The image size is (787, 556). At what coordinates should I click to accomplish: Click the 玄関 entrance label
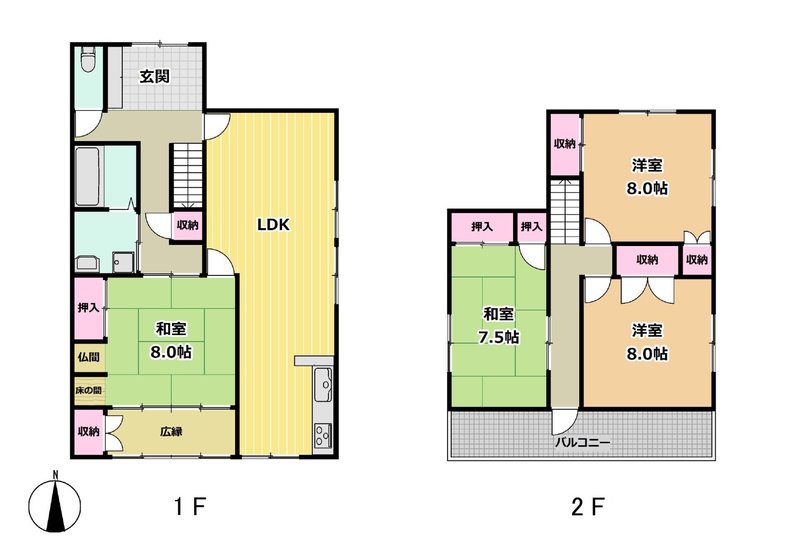point(155,77)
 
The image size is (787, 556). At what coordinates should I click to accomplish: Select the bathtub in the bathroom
point(88,176)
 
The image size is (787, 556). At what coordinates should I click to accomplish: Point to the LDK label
point(273,225)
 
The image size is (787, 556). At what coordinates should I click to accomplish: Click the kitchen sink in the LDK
point(323,384)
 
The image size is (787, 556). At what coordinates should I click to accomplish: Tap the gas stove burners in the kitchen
point(323,435)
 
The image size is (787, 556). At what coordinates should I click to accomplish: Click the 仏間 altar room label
point(89,357)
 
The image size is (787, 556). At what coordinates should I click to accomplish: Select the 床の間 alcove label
point(89,390)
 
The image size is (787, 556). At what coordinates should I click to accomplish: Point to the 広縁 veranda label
point(172,431)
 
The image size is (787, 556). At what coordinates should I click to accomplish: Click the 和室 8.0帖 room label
point(171,340)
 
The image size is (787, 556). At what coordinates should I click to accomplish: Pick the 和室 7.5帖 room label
point(498,326)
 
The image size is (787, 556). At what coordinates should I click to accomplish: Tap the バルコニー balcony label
point(582,442)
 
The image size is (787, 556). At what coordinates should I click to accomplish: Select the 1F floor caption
point(190,506)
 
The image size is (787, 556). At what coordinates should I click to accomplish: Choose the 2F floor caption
point(588,506)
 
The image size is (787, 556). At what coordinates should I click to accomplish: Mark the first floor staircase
point(188,176)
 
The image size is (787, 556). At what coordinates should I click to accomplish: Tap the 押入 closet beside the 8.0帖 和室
point(89,308)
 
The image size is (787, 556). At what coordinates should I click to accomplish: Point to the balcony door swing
point(564,421)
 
